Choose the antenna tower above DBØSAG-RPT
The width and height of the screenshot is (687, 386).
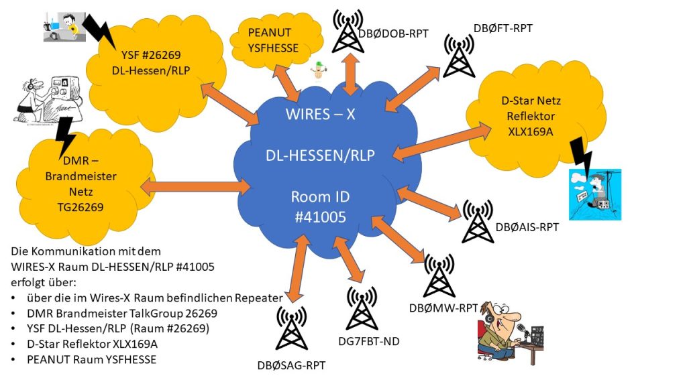point(291,332)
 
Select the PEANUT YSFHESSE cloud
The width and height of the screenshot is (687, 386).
point(273,40)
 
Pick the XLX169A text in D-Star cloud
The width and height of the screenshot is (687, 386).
point(527,131)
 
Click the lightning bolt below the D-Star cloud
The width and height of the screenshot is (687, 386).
point(582,158)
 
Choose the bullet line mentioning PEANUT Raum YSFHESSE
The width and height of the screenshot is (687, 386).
point(88,359)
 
